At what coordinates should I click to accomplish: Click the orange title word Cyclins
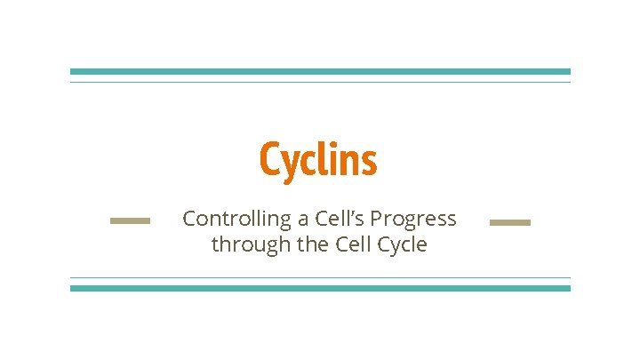point(318,160)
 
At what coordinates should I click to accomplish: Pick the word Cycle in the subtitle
point(400,245)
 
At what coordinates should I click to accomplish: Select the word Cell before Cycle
point(349,244)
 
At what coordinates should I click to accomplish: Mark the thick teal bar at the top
point(320,71)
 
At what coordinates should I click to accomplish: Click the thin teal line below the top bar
point(320,82)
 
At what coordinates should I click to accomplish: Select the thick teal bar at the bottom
point(320,288)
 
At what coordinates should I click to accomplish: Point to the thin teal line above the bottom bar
point(320,277)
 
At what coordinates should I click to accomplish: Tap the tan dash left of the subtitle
point(130,220)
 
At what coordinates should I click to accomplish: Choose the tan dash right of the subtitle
point(510,222)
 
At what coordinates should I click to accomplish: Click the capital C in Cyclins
point(269,160)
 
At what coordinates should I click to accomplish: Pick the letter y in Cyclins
point(290,164)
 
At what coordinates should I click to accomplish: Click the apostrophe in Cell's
point(355,213)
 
